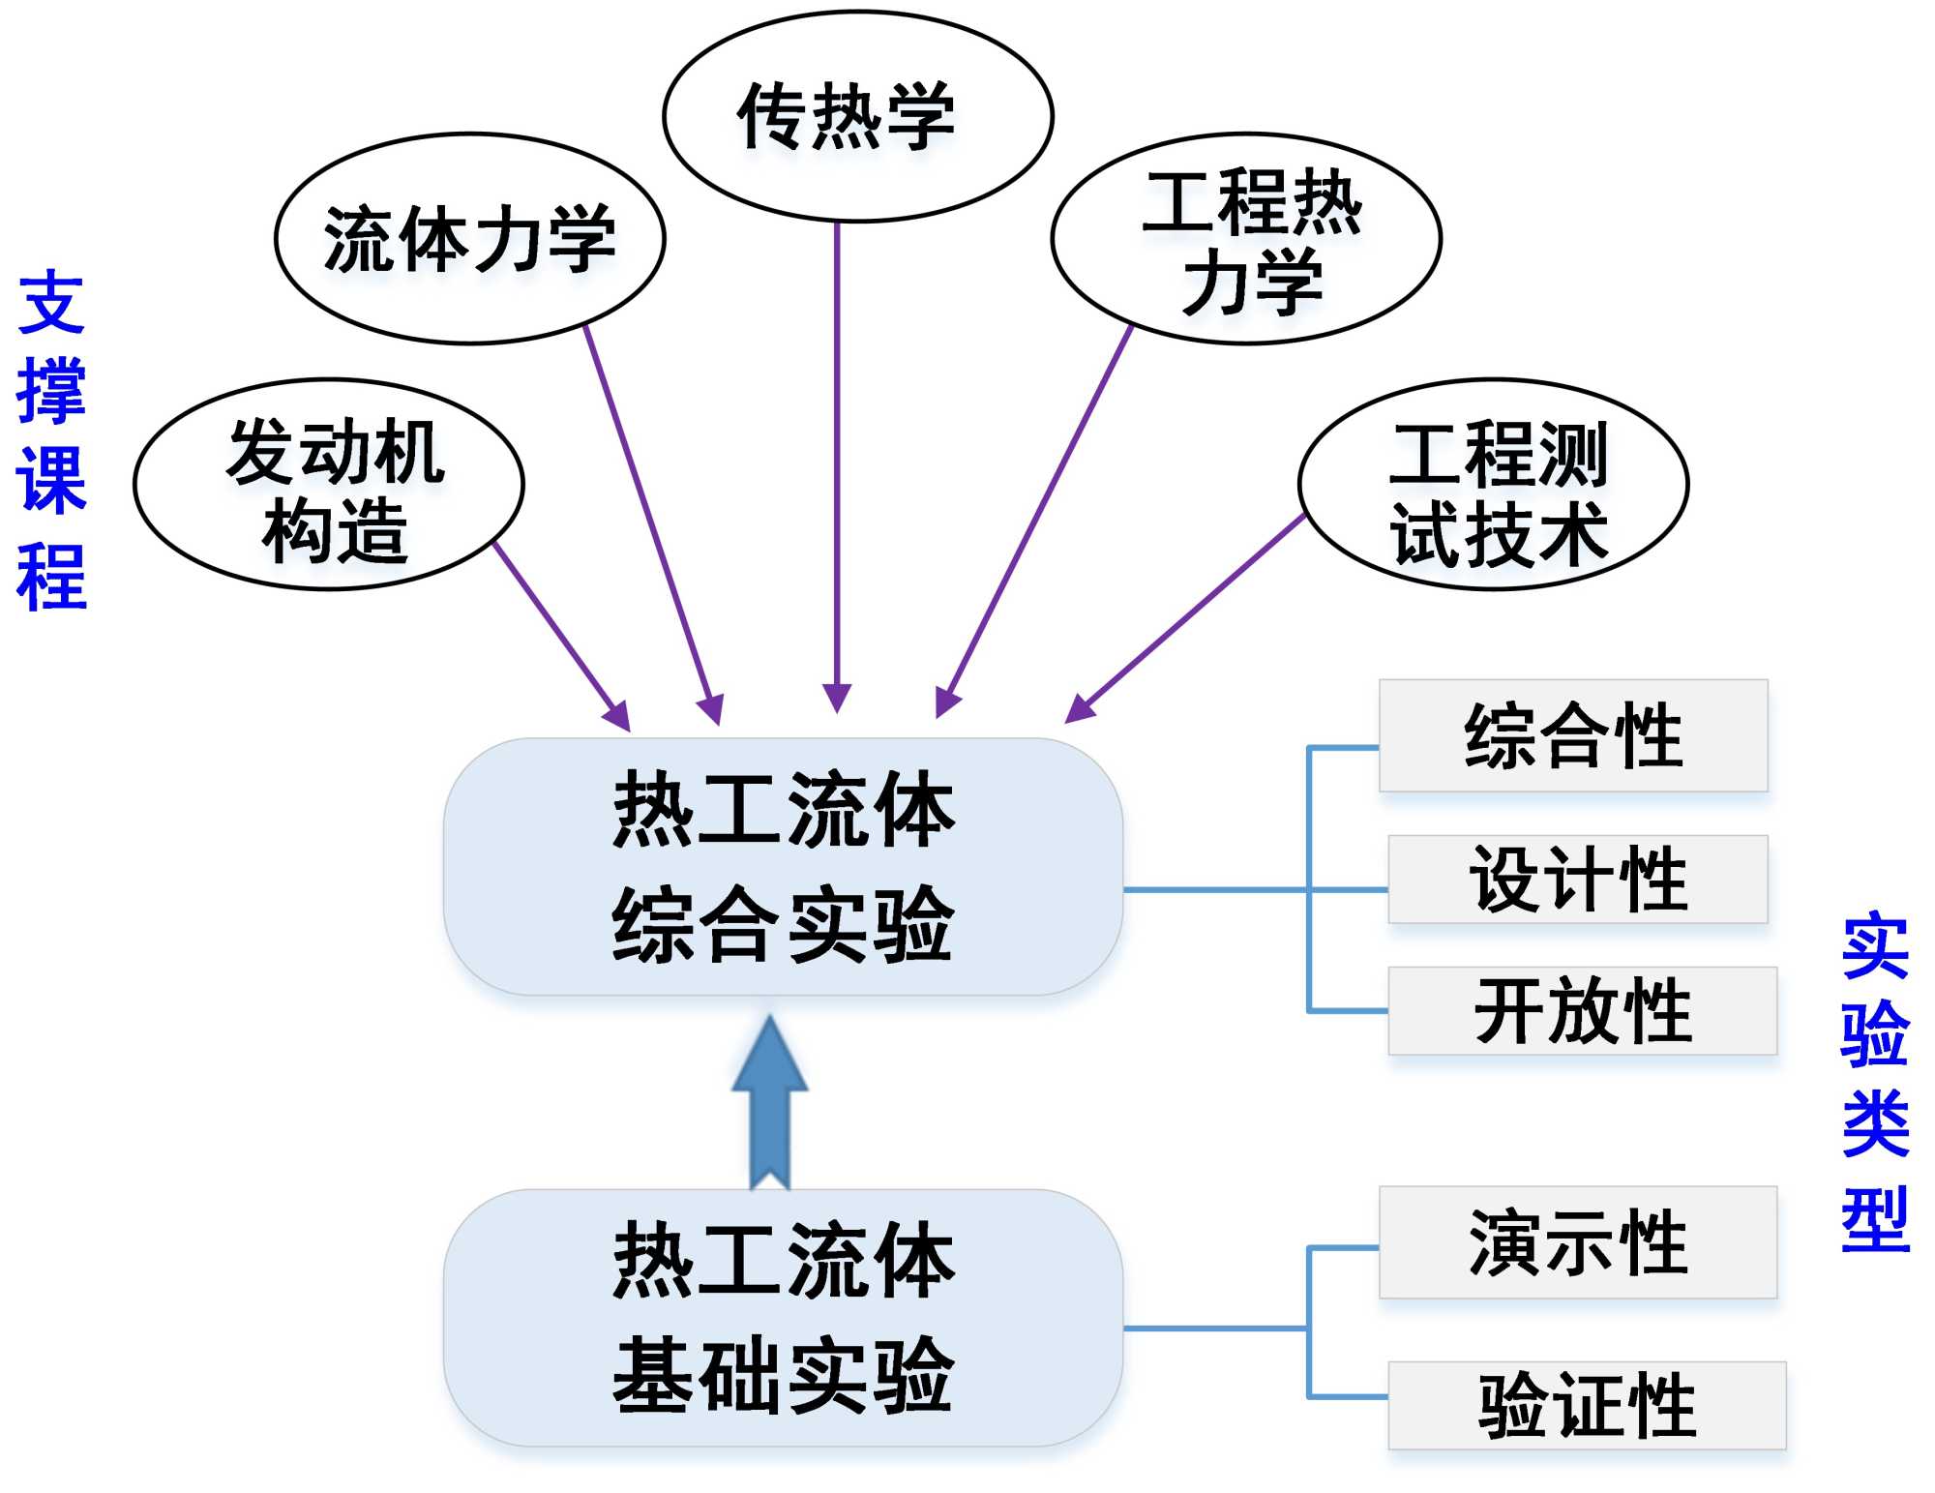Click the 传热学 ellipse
tap(857, 116)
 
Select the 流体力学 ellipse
tap(470, 238)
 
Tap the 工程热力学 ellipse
tap(1246, 239)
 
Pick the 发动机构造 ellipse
tap(329, 484)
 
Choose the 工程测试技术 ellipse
tap(1493, 484)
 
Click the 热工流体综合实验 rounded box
tap(783, 866)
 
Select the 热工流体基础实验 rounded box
tap(783, 1317)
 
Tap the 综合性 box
tap(1573, 735)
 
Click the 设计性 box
tap(1578, 879)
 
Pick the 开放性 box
tap(1583, 1010)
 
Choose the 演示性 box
tap(1578, 1242)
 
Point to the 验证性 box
tap(1587, 1405)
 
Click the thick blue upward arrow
tap(770, 1103)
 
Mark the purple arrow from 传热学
tap(837, 464)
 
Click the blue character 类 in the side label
tap(1875, 1122)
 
